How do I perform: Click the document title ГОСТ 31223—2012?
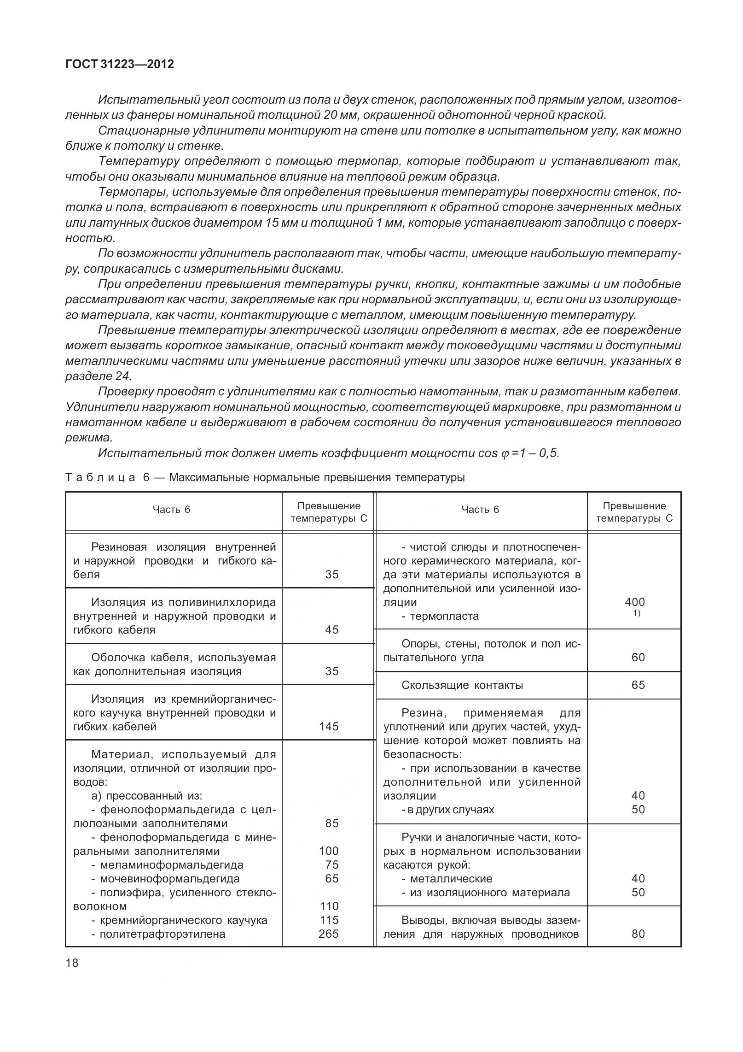coord(120,65)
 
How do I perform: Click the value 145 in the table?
coord(329,727)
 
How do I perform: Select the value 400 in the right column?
coord(635,602)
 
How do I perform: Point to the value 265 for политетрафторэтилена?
coord(329,934)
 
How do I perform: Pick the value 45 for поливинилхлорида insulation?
coord(332,630)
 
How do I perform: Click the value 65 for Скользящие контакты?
coord(639,685)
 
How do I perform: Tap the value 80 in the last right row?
coord(639,934)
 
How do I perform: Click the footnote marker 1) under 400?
coord(637,613)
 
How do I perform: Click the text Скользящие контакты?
coord(462,685)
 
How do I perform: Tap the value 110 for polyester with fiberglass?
coord(329,906)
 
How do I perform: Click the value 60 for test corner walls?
coord(639,658)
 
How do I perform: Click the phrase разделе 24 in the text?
coord(99,376)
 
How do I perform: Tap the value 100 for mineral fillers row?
coord(329,851)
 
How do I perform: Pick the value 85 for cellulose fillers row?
coord(332,823)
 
